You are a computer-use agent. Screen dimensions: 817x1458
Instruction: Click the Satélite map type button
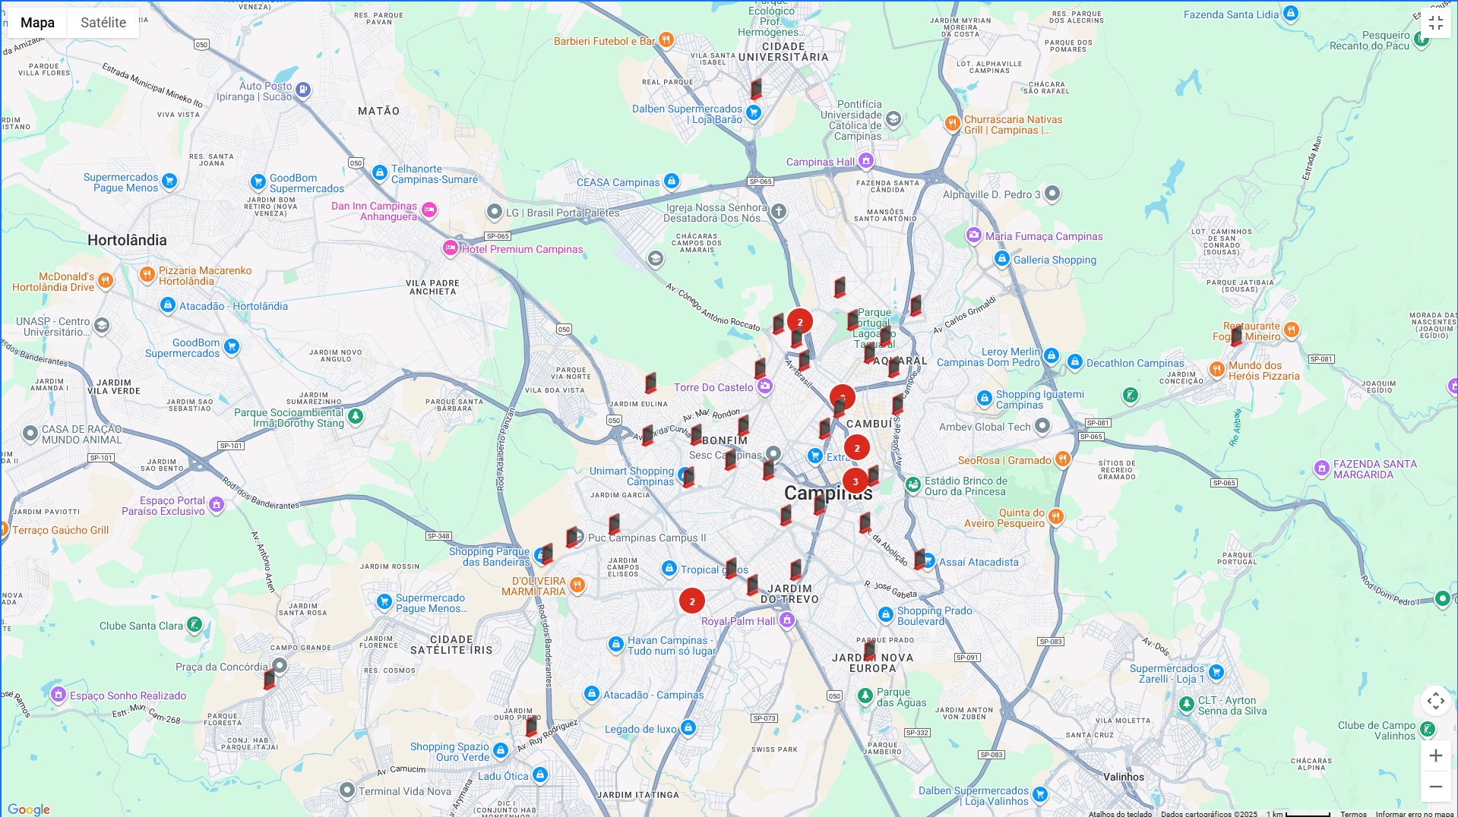click(103, 23)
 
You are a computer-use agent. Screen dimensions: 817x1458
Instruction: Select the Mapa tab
click(37, 23)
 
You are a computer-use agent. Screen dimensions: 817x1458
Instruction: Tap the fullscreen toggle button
click(1435, 24)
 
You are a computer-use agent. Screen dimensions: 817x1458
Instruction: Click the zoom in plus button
click(1435, 755)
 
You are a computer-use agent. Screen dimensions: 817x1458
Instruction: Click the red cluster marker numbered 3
click(856, 481)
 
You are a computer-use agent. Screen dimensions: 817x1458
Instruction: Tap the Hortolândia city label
click(127, 241)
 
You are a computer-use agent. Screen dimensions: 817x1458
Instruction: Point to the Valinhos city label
click(1123, 777)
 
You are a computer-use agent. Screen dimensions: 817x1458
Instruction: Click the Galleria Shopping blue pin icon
click(1002, 259)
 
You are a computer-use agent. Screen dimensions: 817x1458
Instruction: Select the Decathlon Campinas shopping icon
click(1074, 362)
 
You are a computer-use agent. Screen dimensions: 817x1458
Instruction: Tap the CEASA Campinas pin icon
click(671, 181)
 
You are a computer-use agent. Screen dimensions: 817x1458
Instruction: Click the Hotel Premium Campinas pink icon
click(451, 248)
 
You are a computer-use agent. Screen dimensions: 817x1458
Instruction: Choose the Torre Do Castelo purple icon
click(765, 386)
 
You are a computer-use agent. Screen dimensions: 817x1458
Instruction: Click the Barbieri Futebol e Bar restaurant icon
click(666, 39)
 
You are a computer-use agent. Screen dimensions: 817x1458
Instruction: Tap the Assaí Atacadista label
click(979, 563)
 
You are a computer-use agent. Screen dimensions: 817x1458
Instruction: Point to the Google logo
click(29, 809)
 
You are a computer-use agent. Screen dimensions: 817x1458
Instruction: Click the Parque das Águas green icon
click(865, 696)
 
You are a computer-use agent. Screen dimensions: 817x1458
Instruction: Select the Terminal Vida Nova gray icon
click(346, 790)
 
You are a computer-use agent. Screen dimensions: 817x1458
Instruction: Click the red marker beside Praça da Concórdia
click(269, 679)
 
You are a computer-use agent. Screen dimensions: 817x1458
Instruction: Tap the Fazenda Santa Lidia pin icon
click(1290, 14)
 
